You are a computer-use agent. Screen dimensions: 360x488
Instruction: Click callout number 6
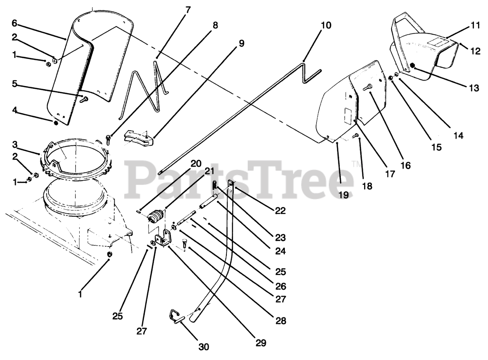(x=14, y=23)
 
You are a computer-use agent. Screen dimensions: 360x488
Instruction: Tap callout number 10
(x=326, y=26)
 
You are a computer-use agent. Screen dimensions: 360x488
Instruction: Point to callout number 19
(x=344, y=195)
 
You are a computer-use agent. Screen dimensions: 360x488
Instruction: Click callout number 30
(x=204, y=347)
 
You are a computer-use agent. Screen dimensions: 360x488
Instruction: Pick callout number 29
(x=261, y=343)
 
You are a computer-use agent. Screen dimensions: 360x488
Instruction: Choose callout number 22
(x=281, y=211)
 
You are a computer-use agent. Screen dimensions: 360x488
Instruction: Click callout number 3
(x=14, y=144)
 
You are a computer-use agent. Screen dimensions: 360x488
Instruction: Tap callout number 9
(x=241, y=43)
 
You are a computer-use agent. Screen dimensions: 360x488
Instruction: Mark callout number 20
(x=196, y=164)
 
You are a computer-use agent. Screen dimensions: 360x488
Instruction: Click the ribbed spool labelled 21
(x=155, y=218)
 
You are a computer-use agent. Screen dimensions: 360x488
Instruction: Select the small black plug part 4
(x=56, y=123)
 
